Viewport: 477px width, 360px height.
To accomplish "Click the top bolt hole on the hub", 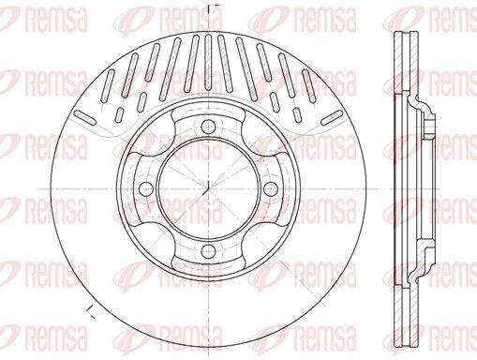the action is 208,127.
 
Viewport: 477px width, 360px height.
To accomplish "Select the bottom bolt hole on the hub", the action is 208,250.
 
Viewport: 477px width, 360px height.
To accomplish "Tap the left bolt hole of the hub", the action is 145,188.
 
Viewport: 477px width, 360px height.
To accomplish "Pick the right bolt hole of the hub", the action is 270,188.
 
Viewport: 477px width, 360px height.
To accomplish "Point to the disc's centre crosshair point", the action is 208,188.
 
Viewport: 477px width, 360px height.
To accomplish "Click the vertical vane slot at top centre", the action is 208,62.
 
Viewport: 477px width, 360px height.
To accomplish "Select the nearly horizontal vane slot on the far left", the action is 85,117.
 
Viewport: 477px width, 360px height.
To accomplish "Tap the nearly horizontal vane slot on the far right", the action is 332,117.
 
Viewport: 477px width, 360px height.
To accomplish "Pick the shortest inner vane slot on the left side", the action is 120,114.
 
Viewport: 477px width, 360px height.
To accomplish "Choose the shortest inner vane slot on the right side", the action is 296,114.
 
